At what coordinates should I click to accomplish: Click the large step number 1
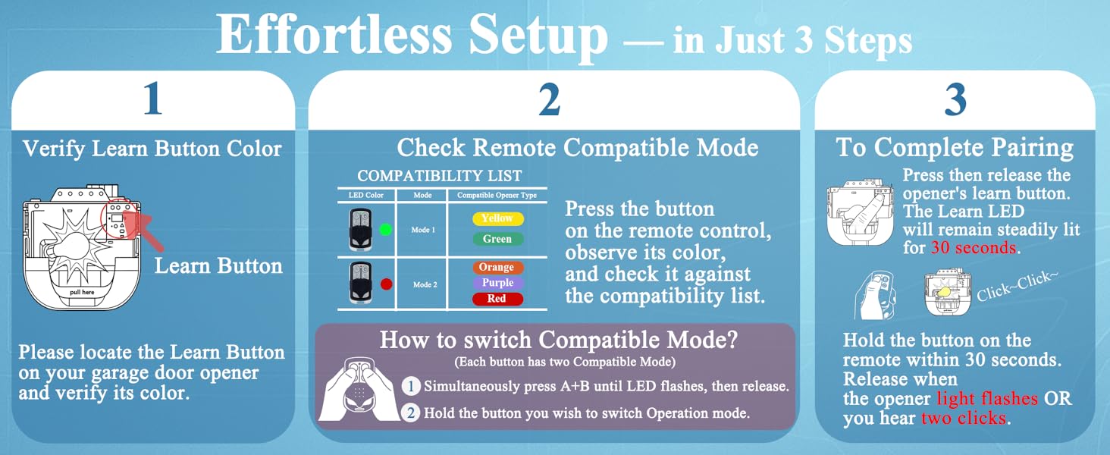[x=152, y=99]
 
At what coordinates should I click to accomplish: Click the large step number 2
[x=549, y=99]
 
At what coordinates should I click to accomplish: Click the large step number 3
[x=955, y=99]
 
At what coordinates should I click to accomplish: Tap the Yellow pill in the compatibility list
[x=497, y=218]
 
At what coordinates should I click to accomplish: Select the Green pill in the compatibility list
[x=497, y=239]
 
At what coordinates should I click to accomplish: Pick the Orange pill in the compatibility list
[x=497, y=267]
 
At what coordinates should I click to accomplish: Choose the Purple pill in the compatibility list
[x=497, y=283]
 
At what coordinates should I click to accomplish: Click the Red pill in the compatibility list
[x=497, y=299]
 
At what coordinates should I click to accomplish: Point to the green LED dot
[x=386, y=230]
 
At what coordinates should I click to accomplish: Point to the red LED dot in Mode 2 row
[x=386, y=284]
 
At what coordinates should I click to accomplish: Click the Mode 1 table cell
[x=423, y=230]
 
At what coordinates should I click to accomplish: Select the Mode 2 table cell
[x=423, y=284]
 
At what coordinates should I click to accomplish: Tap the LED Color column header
[x=365, y=196]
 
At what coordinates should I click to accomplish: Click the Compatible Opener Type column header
[x=497, y=196]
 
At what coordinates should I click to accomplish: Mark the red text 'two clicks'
[x=964, y=418]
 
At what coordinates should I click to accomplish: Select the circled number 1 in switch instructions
[x=410, y=386]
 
